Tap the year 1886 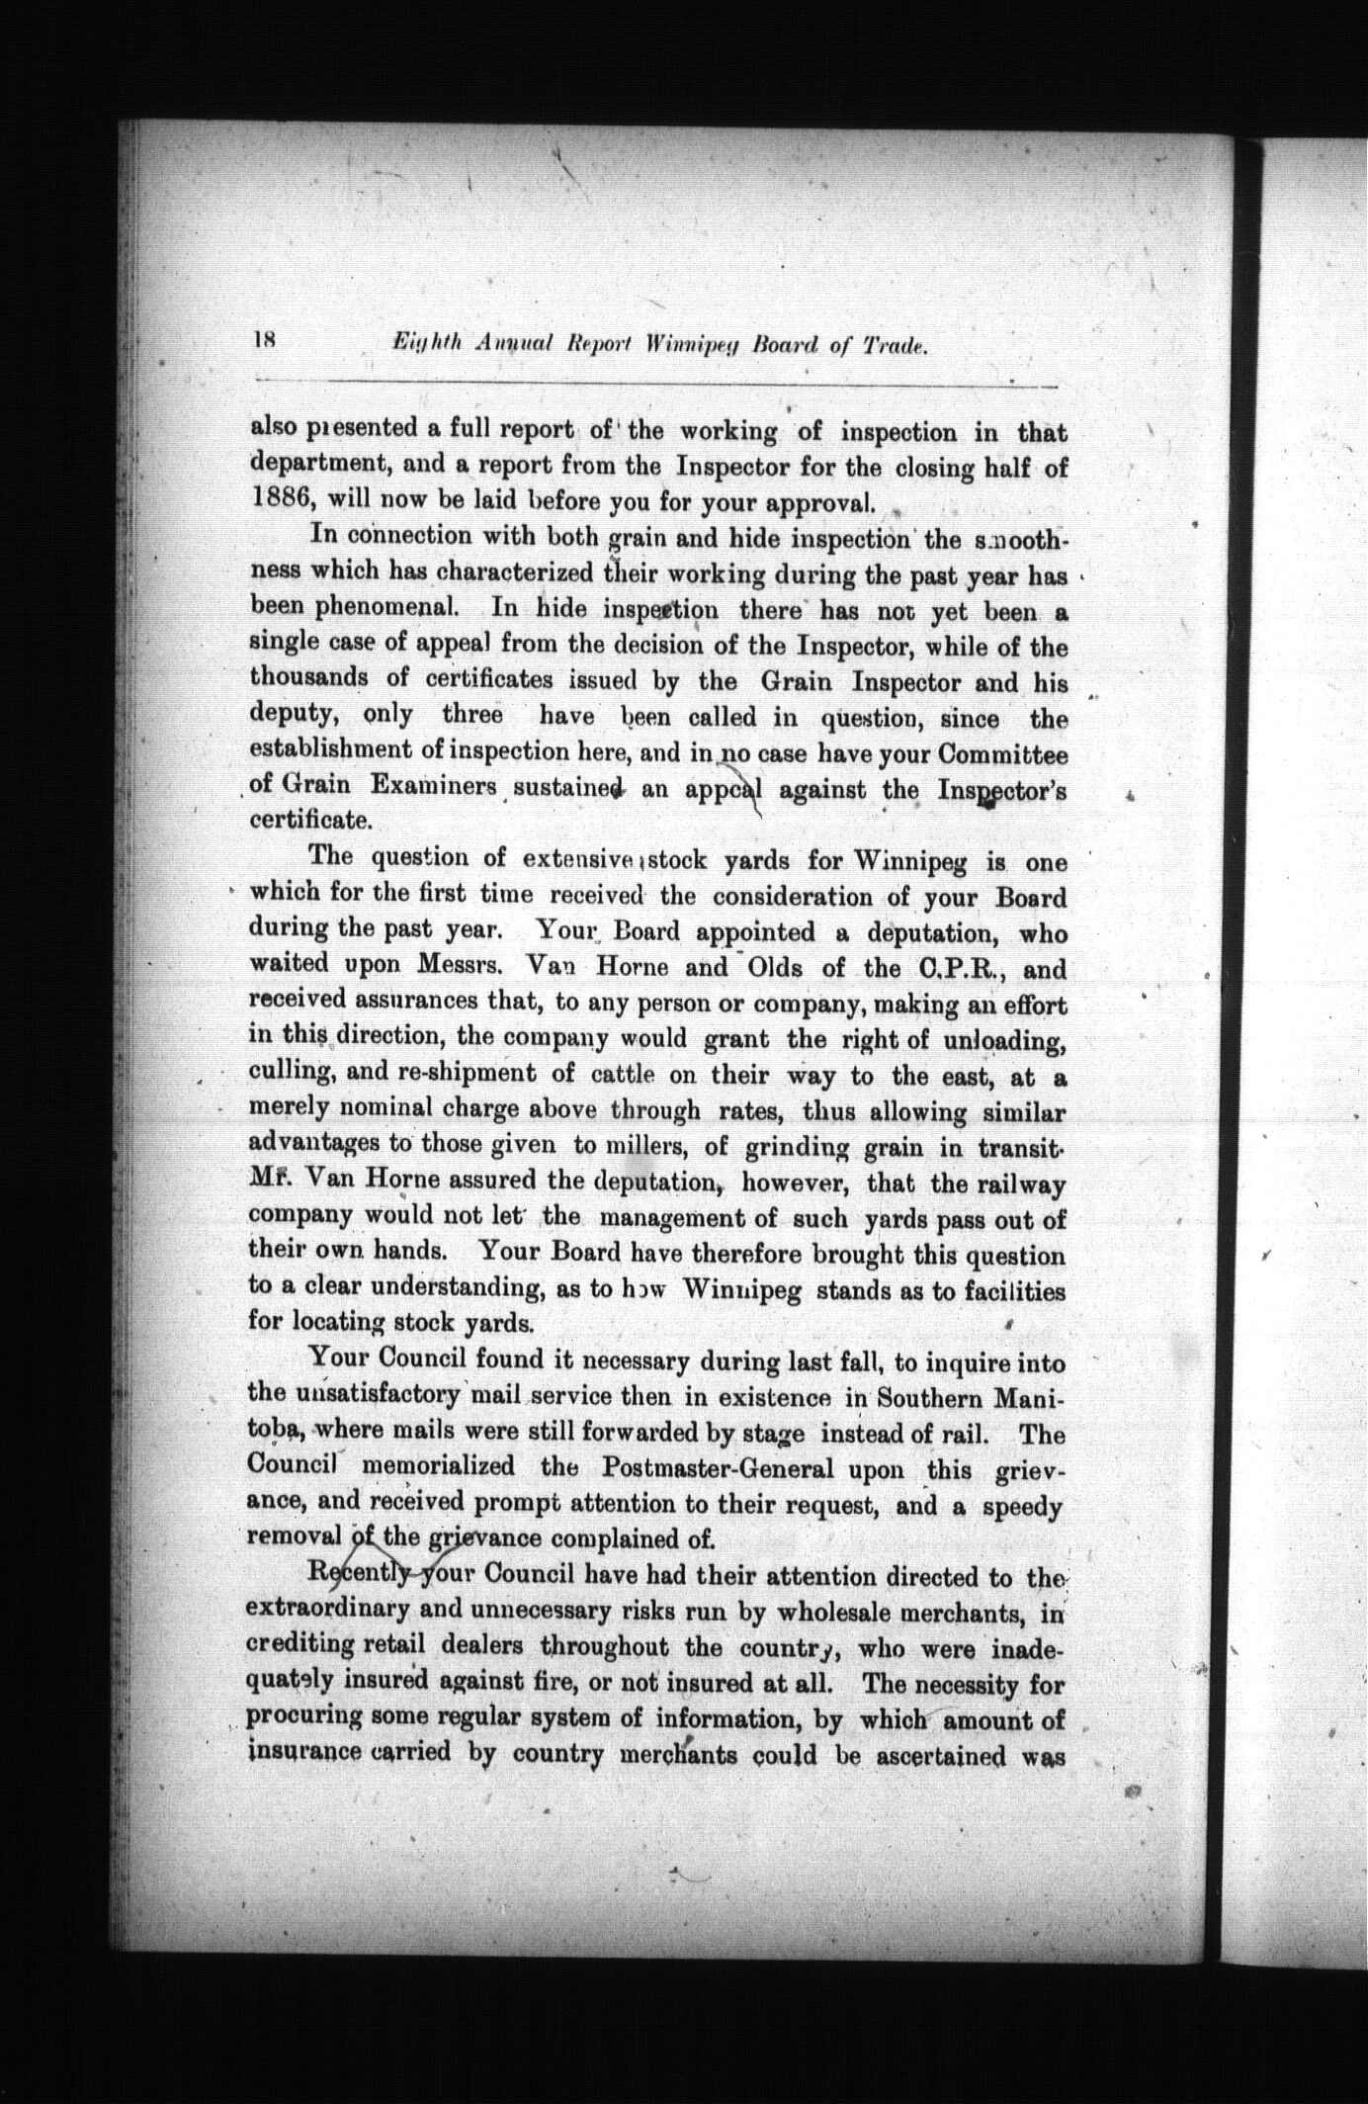pyautogui.click(x=278, y=501)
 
